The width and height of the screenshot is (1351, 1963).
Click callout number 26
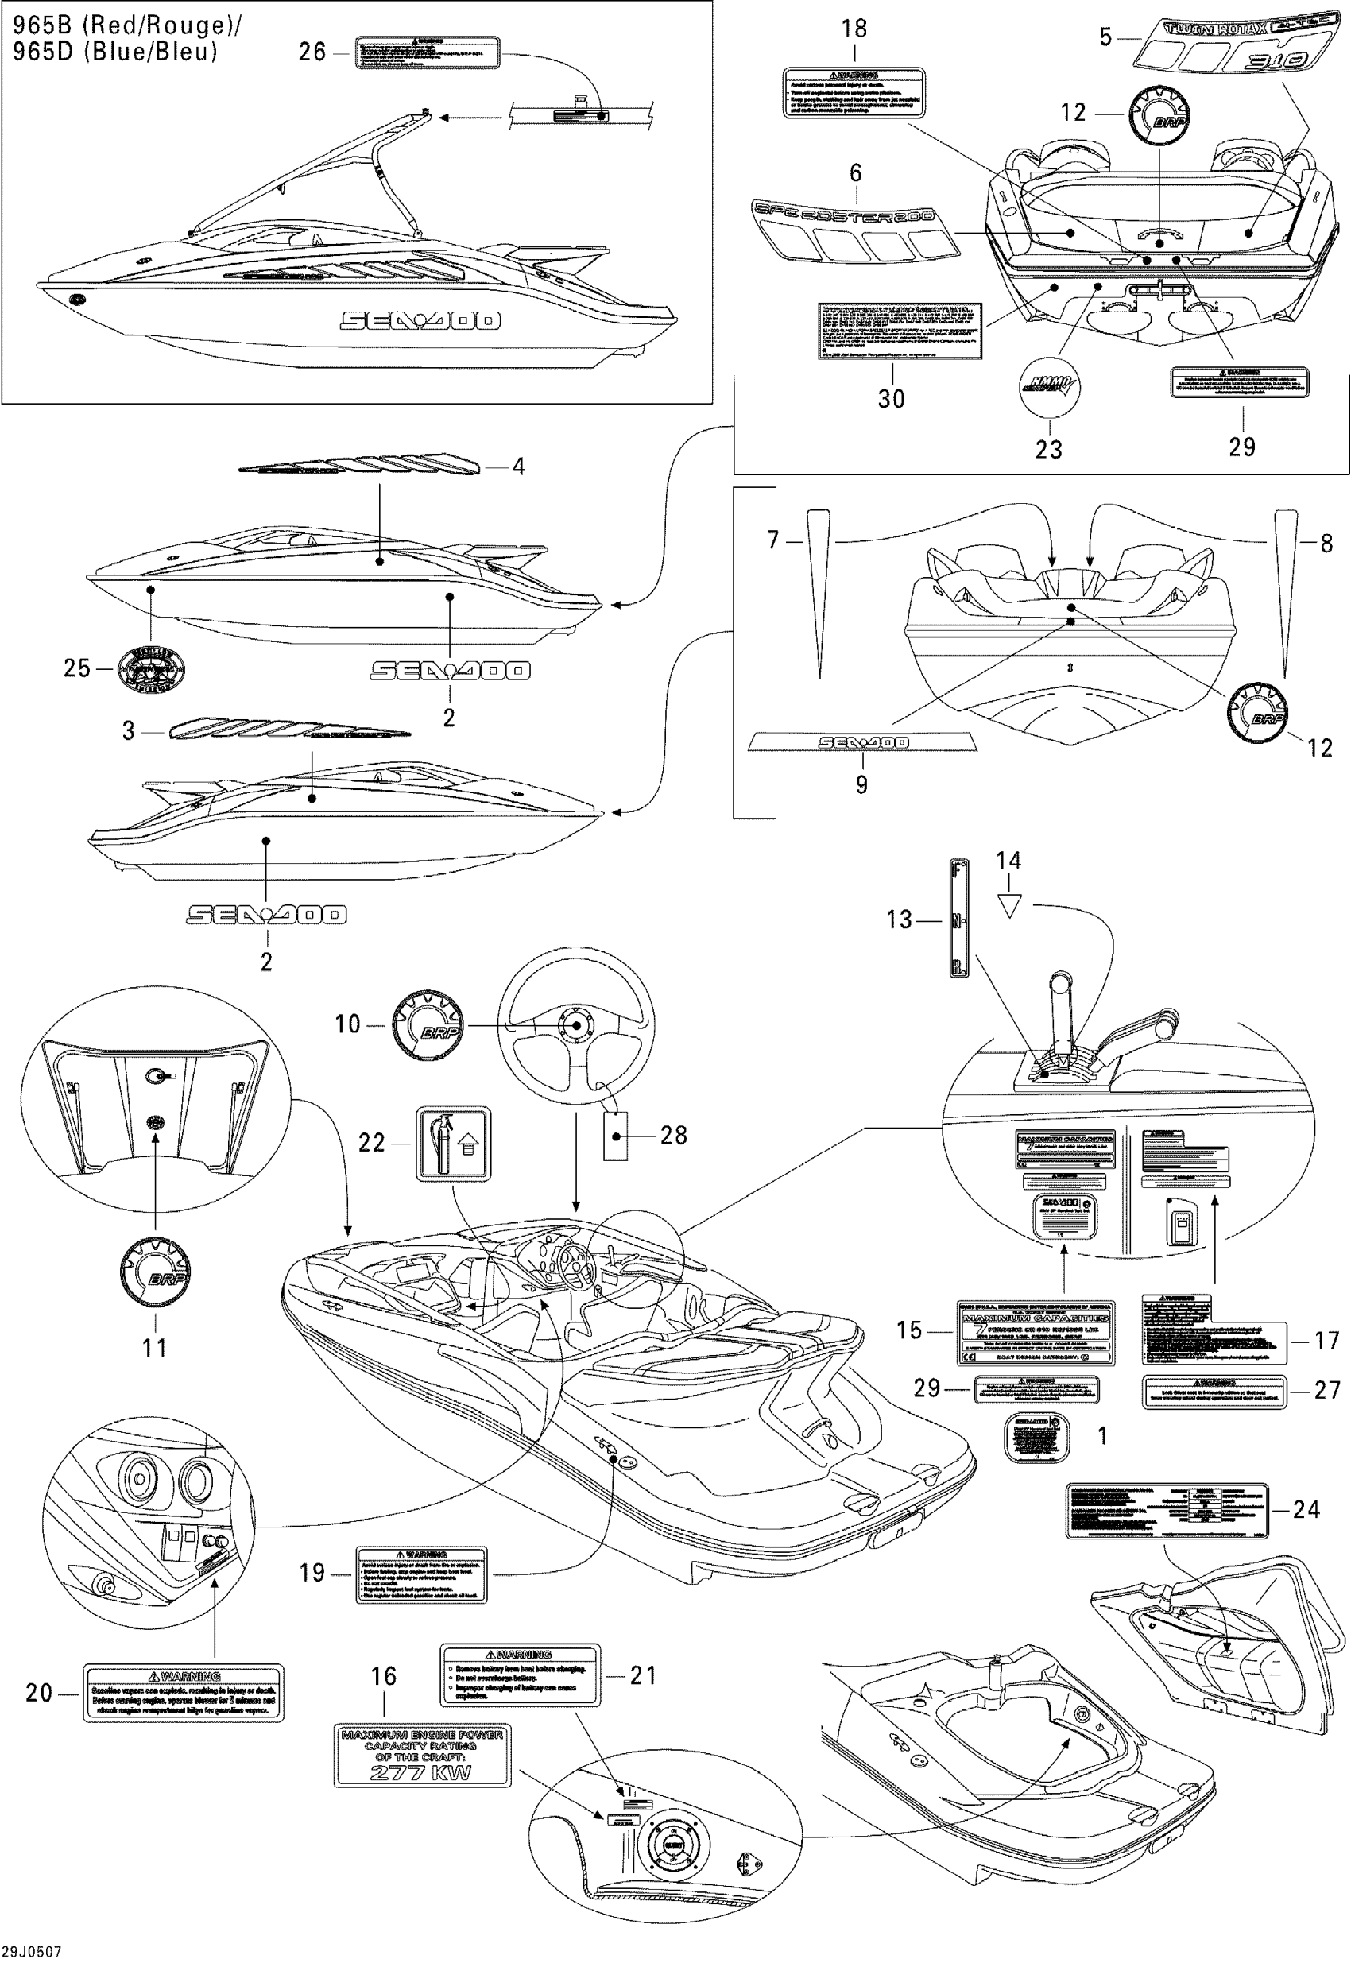312,52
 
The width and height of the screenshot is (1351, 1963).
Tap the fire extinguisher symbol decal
453,1143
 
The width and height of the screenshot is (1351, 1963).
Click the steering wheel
575,1026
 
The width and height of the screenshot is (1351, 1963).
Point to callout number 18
854,29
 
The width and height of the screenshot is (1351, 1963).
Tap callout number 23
1048,449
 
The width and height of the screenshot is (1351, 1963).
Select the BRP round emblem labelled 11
156,1272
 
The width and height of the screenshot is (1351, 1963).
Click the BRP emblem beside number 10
428,1027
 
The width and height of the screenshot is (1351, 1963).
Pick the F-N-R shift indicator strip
958,919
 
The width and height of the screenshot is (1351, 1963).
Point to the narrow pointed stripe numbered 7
819,593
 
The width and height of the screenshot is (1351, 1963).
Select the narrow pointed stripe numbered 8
1286,593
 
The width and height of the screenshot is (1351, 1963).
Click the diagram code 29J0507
31,1952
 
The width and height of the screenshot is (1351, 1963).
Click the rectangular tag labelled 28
615,1135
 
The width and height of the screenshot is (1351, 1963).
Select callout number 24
1306,1509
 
